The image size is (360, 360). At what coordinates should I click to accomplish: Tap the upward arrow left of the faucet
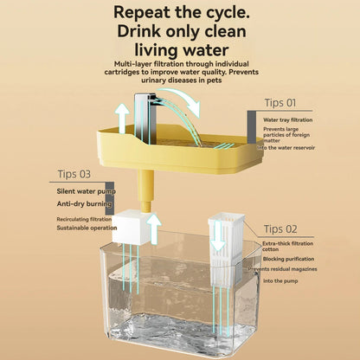click(123, 116)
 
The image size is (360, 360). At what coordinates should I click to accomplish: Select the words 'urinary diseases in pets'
click(178, 80)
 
